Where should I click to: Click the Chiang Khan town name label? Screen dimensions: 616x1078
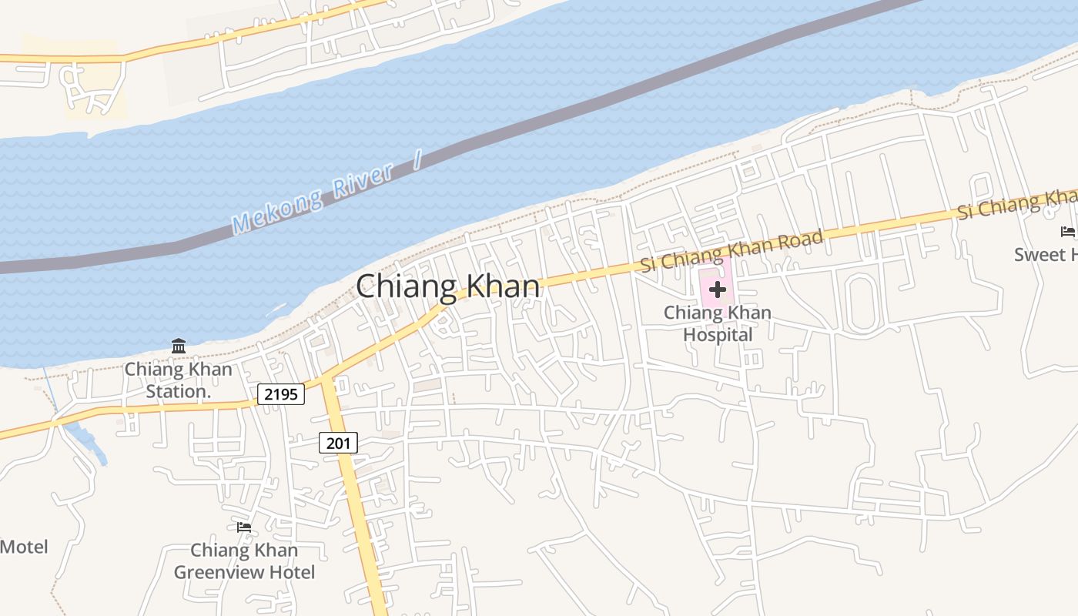(448, 286)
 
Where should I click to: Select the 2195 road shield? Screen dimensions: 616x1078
(281, 394)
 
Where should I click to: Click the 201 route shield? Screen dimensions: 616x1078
(338, 443)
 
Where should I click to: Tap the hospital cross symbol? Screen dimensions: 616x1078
(718, 290)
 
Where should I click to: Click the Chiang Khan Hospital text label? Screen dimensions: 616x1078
(718, 323)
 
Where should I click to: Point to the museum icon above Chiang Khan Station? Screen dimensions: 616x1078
(179, 346)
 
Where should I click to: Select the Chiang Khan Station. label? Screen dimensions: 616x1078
(179, 380)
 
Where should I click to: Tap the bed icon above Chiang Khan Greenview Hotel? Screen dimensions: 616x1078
(244, 527)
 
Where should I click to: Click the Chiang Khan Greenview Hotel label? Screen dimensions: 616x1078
(244, 561)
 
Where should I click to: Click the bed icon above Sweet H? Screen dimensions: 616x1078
(1067, 231)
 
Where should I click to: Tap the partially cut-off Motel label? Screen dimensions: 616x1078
(24, 547)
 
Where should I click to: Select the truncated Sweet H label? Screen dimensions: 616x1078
(1045, 254)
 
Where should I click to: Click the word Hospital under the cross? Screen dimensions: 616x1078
(718, 335)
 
